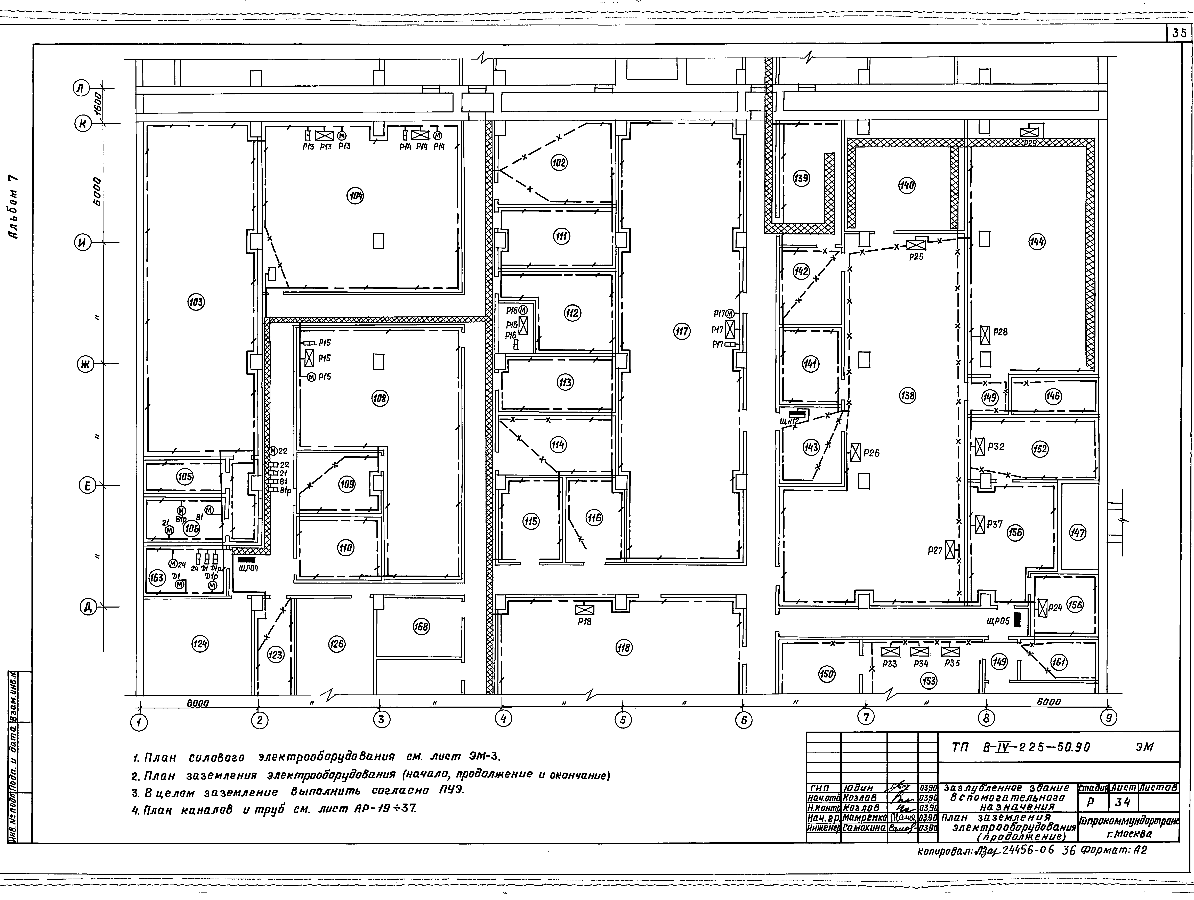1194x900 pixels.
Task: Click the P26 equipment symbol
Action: [855, 452]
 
